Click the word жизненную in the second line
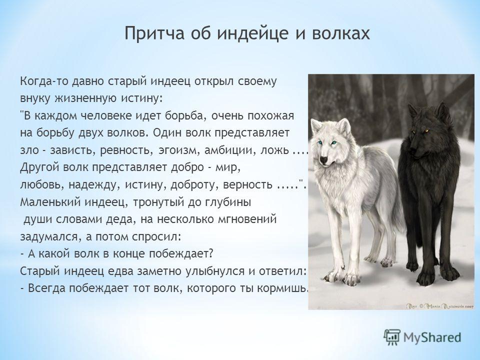coord(85,98)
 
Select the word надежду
coord(91,185)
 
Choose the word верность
coord(248,184)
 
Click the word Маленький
coord(49,202)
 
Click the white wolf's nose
coord(323,159)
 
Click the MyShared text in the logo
coord(432,337)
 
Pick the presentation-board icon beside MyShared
coord(392,337)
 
